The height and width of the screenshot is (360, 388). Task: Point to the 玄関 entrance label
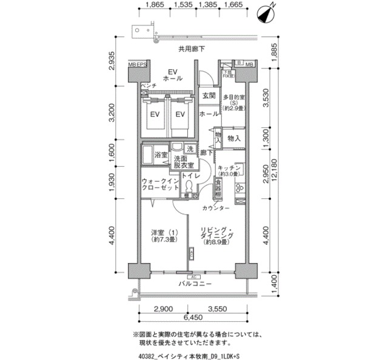(209, 95)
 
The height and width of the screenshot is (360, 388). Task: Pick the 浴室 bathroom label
(161, 155)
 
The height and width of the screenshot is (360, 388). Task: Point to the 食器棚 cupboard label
(217, 187)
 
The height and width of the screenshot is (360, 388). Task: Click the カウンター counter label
(216, 208)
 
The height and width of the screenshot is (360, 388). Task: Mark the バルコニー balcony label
(195, 284)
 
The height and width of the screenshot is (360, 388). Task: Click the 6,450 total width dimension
(194, 318)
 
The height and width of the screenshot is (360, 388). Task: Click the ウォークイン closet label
(159, 181)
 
